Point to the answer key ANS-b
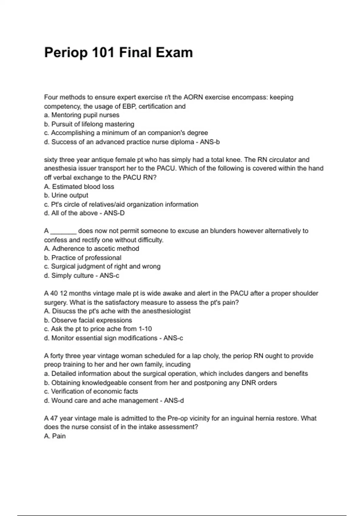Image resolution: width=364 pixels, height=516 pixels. (210, 142)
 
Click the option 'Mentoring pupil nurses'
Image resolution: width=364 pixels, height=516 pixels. (82, 115)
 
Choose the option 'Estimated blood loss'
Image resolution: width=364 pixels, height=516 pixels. (79, 187)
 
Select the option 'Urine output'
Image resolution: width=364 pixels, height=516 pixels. (66, 195)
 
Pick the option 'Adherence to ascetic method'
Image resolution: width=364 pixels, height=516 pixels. (92, 249)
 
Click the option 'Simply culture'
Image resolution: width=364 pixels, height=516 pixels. (69, 276)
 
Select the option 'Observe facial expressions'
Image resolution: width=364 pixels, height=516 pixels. (88, 320)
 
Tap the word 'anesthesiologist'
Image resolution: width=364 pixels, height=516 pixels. (166, 311)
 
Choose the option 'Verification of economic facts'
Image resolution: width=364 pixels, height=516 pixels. (91, 392)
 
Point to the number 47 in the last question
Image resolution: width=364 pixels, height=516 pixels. (54, 419)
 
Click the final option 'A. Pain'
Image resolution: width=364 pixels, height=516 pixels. (55, 436)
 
